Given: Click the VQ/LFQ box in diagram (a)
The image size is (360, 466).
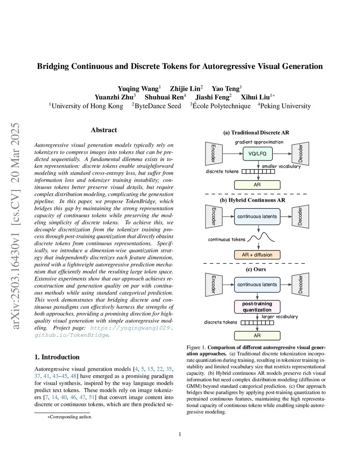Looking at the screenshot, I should click(x=257, y=154).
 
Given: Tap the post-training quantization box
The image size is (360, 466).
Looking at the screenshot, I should click(x=257, y=307).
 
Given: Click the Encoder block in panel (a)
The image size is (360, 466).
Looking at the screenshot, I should click(x=214, y=154).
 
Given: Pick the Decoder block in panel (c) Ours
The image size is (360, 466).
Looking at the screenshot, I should click(x=301, y=285).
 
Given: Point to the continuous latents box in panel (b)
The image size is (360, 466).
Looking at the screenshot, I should click(x=257, y=216).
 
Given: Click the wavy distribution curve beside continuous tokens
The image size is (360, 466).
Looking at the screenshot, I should click(x=261, y=238).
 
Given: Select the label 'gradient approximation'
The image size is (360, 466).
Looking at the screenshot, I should click(x=259, y=142).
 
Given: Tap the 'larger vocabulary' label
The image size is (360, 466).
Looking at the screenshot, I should click(x=280, y=317).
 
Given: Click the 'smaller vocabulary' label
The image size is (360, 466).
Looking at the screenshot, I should click(x=281, y=166).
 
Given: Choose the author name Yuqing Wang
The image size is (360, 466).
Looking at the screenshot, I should click(x=139, y=89).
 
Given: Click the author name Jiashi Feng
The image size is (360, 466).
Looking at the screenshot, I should click(x=213, y=97).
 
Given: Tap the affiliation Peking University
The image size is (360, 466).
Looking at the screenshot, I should click(x=285, y=106).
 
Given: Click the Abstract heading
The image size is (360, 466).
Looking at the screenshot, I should click(x=104, y=130).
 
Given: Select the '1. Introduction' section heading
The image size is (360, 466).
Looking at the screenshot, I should click(x=57, y=357).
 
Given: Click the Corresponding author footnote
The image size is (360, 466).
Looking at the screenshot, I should click(x=70, y=417).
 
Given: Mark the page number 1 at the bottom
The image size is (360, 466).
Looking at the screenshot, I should click(x=180, y=434).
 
